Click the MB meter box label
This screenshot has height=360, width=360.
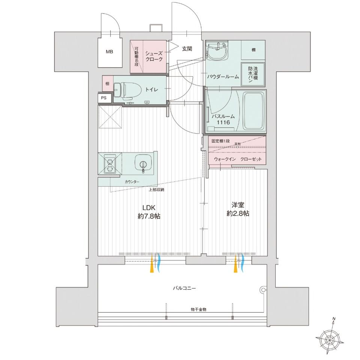coord(109,52)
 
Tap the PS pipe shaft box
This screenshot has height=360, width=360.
coord(104,98)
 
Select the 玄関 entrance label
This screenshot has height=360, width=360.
coord(187,48)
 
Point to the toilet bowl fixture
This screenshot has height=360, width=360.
coord(122,89)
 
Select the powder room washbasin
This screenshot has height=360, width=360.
coord(216,51)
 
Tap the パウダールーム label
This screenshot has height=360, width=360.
coord(223,77)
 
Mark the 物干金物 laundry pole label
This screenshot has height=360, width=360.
coord(198,310)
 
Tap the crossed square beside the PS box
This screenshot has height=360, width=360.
coord(110,117)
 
